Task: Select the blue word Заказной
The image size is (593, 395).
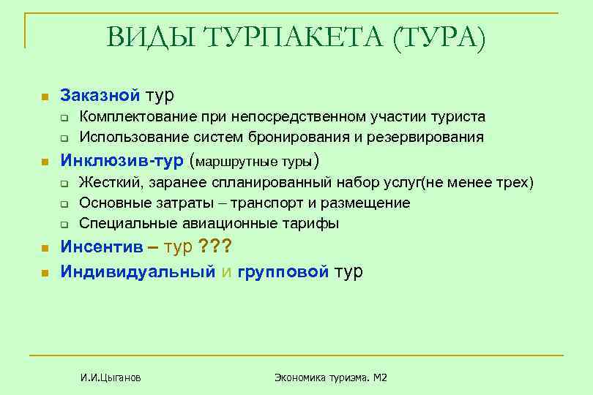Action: click(x=100, y=94)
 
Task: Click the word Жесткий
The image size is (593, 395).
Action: click(x=109, y=182)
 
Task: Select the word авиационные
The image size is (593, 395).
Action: click(x=207, y=223)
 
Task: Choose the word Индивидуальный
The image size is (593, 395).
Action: click(x=138, y=271)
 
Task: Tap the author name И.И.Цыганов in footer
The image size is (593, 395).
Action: click(x=111, y=377)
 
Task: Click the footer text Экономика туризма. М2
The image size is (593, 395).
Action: click(x=331, y=377)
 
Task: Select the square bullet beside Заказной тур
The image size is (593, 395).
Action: click(x=44, y=97)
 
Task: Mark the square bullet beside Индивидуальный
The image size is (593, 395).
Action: click(x=44, y=274)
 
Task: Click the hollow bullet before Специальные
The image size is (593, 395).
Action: click(x=65, y=225)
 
